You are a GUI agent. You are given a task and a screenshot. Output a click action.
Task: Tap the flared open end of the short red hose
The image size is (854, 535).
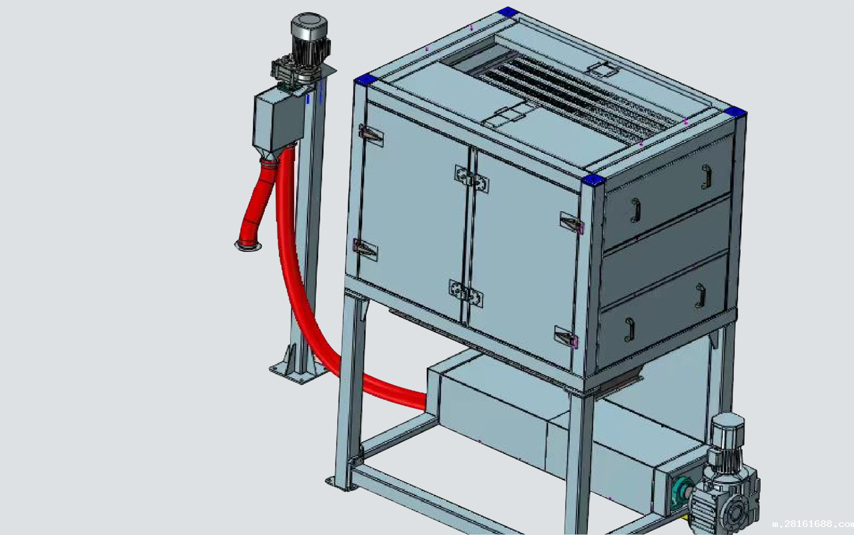(x=248, y=244)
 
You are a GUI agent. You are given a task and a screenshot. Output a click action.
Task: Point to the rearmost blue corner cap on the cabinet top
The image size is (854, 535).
(x=506, y=12)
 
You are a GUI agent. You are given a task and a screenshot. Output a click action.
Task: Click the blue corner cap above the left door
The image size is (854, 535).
(x=366, y=79)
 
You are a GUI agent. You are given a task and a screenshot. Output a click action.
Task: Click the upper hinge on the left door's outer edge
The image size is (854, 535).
(x=370, y=135)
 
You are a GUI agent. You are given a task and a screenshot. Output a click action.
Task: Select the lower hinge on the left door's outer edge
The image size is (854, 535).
(x=365, y=250)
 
